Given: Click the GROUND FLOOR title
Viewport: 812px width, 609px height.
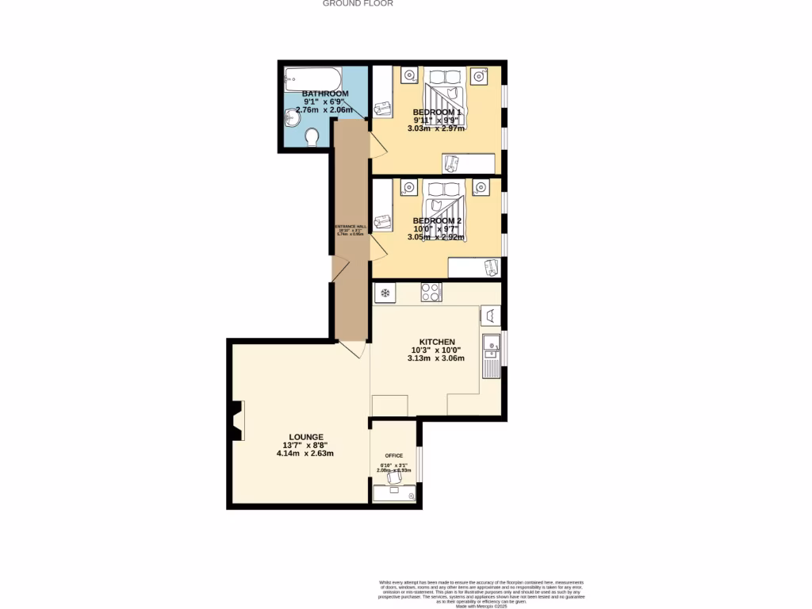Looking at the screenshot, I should (358, 3).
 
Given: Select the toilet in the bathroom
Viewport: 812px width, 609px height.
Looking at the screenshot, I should (312, 137).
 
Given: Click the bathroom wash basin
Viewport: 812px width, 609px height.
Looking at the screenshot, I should (291, 119).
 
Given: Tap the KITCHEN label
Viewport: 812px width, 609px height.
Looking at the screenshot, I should (437, 342).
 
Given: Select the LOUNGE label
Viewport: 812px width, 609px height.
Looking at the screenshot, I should (305, 437).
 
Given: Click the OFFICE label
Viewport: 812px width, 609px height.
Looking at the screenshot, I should (394, 455).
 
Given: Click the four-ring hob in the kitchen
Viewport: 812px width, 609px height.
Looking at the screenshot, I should (431, 293).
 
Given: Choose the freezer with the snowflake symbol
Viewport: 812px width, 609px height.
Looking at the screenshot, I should (385, 293).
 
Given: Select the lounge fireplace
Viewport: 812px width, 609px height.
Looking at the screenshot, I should (236, 420).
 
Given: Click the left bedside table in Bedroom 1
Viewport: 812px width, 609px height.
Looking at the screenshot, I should (409, 76).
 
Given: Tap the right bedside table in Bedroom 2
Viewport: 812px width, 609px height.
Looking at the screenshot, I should (481, 187).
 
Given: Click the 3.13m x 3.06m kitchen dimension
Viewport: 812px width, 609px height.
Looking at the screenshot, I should (435, 358).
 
